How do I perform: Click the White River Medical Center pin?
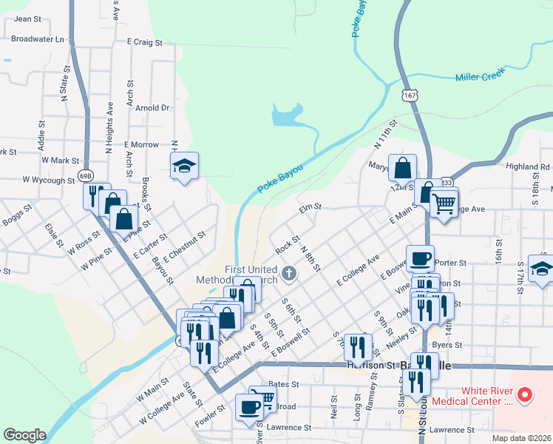(526, 394)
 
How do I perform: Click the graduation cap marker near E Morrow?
(184, 167)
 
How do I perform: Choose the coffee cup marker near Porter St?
(420, 259)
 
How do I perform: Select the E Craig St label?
(145, 43)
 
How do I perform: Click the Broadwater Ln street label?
(38, 38)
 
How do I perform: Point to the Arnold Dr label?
(153, 107)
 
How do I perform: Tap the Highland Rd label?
(528, 167)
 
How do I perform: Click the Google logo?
(24, 435)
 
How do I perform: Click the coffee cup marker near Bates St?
(248, 407)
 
